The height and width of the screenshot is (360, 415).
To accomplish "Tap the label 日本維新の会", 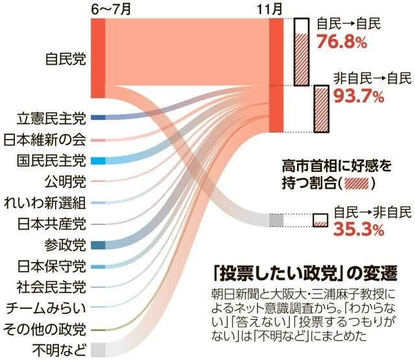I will pos(45,139).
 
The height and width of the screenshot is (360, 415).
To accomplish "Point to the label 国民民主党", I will pos(51,160).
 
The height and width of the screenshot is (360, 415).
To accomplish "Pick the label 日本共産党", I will pos(51,224).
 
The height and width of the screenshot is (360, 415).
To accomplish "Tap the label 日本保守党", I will pos(51,266).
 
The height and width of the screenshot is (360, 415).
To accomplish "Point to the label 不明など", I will pos(58,350).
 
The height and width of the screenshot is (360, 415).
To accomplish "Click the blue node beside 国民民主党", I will pos(98,160).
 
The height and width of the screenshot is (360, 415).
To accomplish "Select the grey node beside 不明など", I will pos(98,350).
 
